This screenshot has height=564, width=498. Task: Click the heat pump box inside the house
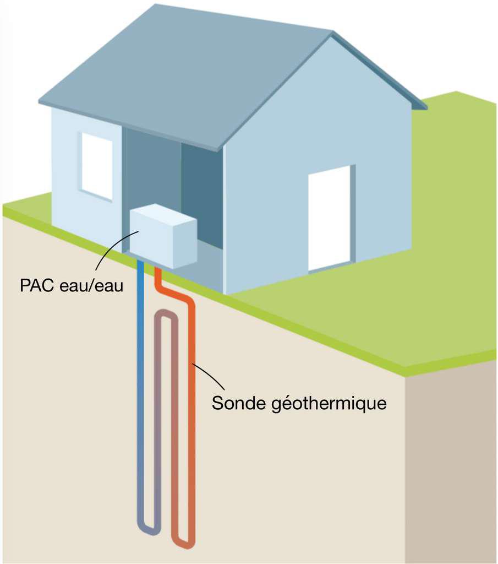[x=163, y=235]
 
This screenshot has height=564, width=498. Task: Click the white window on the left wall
[x=97, y=165]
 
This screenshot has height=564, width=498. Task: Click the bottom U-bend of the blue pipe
[x=148, y=528]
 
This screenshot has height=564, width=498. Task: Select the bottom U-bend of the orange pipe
[x=184, y=542]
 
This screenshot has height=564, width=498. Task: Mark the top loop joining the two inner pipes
[x=166, y=316]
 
